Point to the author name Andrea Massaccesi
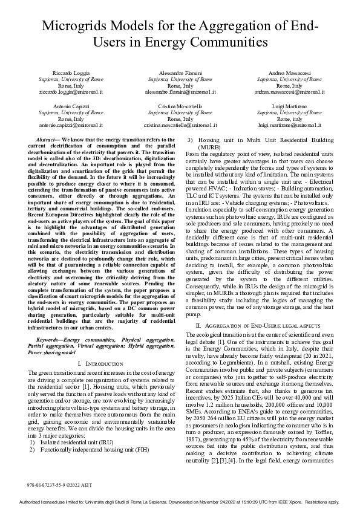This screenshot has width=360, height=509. pyautogui.click(x=289, y=73)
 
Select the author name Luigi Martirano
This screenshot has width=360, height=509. pyautogui.click(x=289, y=106)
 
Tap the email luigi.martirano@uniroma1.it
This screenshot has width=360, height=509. pyautogui.click(x=289, y=125)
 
